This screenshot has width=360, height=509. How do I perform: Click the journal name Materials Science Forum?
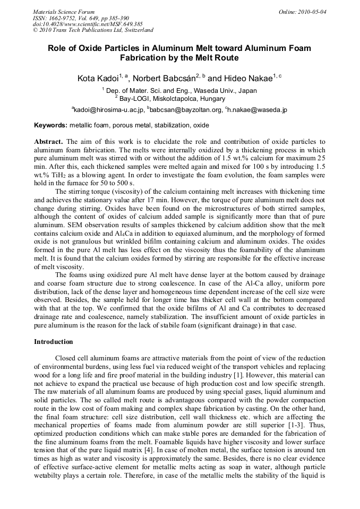pos(64,12)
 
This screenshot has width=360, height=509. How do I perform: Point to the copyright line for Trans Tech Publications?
pos(93,31)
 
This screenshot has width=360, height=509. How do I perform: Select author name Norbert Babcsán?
pos(165,79)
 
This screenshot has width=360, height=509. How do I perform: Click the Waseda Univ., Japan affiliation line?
pos(179,91)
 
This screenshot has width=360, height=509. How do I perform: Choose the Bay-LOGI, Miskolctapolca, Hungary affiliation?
pos(179,98)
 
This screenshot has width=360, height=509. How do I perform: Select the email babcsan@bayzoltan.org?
pos(186,110)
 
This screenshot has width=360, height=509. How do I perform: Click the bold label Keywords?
pos(50,126)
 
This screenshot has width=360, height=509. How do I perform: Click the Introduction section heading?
pos(53,342)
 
